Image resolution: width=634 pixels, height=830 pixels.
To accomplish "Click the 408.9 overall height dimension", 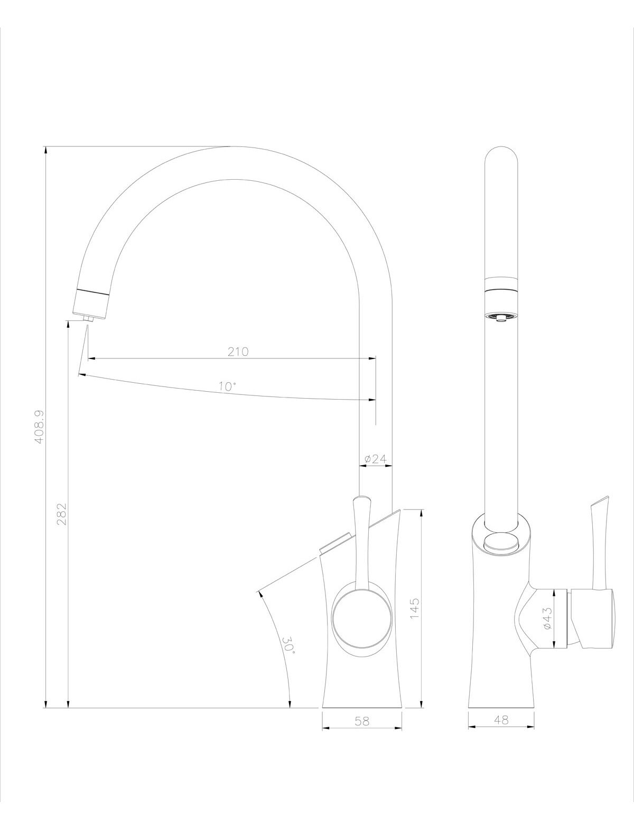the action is click(x=40, y=427).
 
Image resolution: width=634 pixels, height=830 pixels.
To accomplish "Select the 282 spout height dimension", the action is click(x=62, y=514).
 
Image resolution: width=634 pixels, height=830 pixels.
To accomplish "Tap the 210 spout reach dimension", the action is click(x=238, y=352).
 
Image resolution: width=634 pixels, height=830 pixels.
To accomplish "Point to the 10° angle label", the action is click(x=227, y=386).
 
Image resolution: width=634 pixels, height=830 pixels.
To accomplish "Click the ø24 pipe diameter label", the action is click(x=376, y=459).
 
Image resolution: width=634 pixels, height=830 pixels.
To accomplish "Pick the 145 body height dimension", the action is click(x=415, y=608).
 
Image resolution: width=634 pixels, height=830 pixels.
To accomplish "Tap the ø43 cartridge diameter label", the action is click(x=548, y=618).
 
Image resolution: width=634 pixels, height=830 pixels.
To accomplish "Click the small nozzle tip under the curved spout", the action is click(x=89, y=319).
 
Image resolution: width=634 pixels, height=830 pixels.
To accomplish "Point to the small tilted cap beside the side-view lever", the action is click(x=337, y=543).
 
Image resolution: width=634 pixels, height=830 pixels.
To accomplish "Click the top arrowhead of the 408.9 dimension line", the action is click(x=46, y=150).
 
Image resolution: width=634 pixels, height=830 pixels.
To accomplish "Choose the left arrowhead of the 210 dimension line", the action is click(x=91, y=358).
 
